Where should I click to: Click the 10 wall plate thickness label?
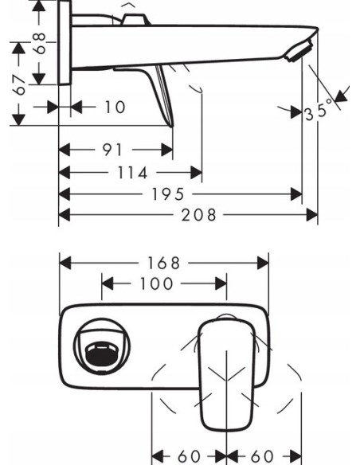tap(115, 107)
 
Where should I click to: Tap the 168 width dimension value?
tap(165, 262)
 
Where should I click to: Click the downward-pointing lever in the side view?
tap(165, 96)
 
